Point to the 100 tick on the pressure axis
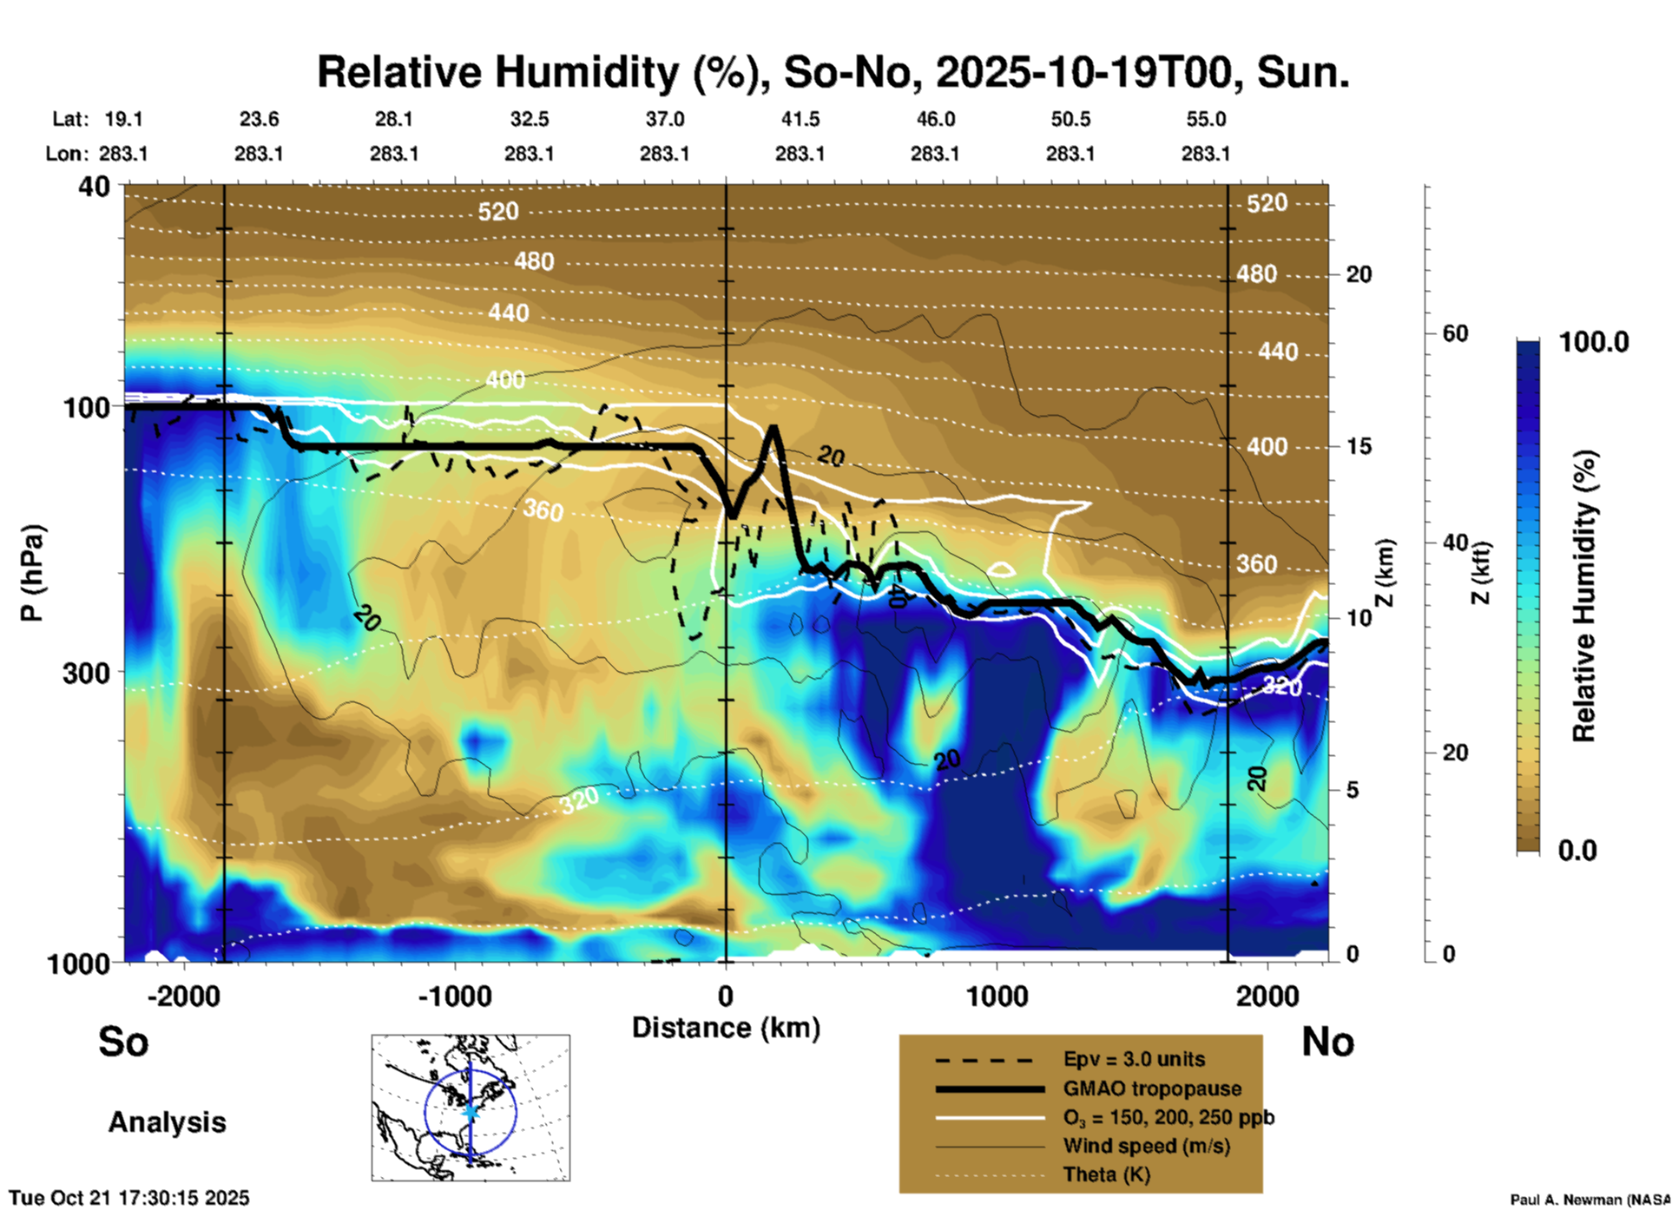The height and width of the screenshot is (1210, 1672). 86,407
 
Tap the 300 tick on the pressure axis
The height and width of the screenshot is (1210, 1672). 86,673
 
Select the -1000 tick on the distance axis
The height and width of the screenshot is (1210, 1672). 455,996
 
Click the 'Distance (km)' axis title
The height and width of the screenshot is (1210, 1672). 726,1028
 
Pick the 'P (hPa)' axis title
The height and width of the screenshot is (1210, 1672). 31,573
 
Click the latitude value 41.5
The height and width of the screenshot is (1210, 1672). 800,119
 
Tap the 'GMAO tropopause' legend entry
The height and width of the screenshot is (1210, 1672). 1152,1088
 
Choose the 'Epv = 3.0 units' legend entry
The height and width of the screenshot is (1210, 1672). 1134,1060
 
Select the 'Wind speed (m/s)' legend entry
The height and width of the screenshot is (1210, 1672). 1146,1146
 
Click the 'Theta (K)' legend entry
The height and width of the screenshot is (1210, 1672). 1106,1174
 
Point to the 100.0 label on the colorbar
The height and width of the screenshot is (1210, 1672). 1594,343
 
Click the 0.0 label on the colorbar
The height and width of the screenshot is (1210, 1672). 1577,851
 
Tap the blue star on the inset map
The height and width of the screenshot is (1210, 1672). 471,1111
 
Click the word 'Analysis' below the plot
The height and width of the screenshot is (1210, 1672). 167,1122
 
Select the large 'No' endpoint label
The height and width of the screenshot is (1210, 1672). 1327,1042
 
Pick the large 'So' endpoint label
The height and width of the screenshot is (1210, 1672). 123,1042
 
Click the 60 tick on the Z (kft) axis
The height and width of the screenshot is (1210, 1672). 1455,333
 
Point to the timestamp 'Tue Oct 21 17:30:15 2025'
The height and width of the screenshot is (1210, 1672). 129,1198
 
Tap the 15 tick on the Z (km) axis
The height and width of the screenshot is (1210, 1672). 1359,446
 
